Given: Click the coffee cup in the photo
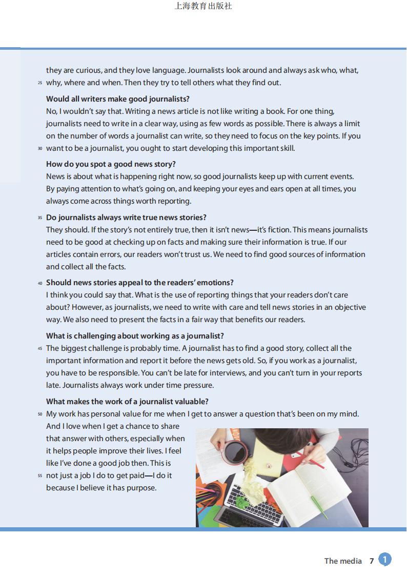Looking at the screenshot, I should pos(236,451).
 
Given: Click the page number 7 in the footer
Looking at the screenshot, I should pos(372,561).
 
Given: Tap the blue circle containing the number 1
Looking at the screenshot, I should pos(385,560).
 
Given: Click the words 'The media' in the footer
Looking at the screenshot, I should pos(343,561).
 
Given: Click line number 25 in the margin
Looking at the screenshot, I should pos(40,83).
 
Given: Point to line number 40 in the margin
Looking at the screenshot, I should pos(40,283).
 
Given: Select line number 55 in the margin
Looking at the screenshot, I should pos(40,476).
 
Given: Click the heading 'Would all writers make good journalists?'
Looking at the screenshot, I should pos(117,98).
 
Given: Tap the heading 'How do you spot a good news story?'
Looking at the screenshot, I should pos(111,164).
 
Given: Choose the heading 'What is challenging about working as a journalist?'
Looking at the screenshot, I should pos(135,335).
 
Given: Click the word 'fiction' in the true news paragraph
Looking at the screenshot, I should pos(277,229).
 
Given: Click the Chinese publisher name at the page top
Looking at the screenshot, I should pos(203,7).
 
